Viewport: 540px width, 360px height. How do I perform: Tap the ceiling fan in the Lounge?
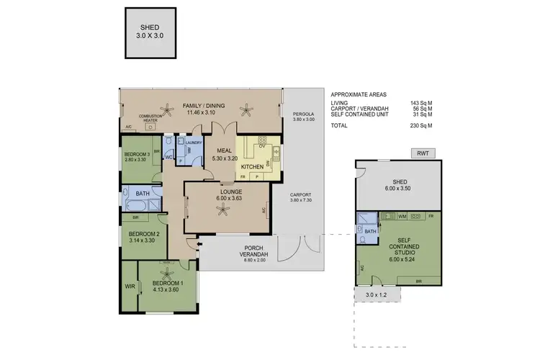pos(221,210)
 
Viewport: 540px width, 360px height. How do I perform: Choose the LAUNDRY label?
pos(193,143)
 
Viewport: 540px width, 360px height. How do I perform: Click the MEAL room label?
pos(223,150)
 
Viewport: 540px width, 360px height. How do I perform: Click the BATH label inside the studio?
pos(371,231)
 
